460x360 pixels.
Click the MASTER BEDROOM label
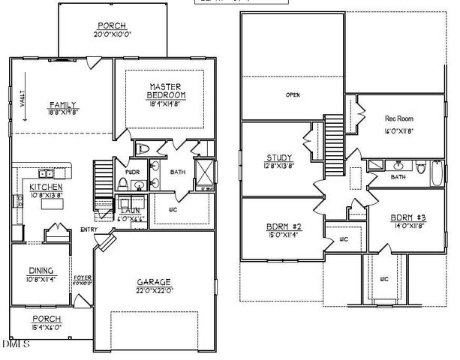pyautogui.click(x=167, y=91)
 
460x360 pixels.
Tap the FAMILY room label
pyautogui.click(x=63, y=104)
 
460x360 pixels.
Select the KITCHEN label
pyautogui.click(x=45, y=186)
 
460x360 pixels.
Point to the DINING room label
pyautogui.click(x=41, y=271)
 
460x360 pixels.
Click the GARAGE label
pyautogui.click(x=155, y=281)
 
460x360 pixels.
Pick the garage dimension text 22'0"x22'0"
pyautogui.click(x=155, y=290)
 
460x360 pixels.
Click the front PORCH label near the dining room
pyautogui.click(x=47, y=318)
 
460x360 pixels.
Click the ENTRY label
pyautogui.click(x=88, y=229)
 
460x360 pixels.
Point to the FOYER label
pyautogui.click(x=83, y=277)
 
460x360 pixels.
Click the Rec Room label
pyautogui.click(x=399, y=118)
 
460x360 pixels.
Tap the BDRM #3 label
pyautogui.click(x=407, y=219)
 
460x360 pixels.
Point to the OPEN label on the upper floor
pyautogui.click(x=293, y=95)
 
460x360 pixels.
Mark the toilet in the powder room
pyautogui.click(x=122, y=183)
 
